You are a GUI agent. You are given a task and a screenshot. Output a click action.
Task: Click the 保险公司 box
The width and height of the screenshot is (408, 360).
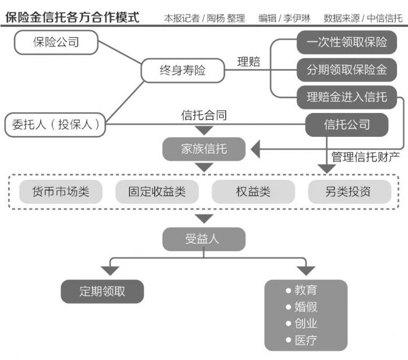56,42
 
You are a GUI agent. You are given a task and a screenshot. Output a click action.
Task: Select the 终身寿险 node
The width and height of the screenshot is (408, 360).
182,70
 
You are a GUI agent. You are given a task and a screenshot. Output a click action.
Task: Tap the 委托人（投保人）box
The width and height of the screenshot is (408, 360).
55,124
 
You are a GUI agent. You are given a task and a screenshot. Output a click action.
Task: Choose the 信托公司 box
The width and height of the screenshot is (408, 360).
346,124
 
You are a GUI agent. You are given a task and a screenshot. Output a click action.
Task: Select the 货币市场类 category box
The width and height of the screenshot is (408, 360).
61,191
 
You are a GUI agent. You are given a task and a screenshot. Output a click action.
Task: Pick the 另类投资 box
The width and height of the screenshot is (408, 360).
348,191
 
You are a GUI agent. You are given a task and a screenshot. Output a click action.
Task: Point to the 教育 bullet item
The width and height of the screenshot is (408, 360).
305,290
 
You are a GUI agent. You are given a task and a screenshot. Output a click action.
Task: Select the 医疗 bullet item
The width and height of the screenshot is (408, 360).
305,340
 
